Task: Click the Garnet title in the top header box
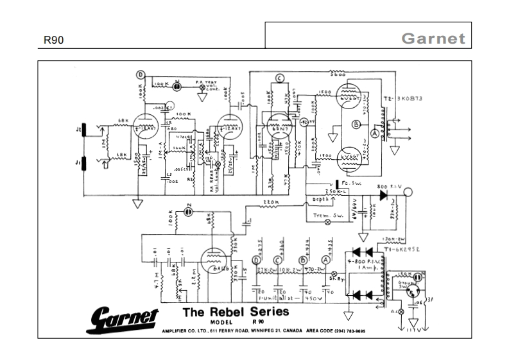(433, 39)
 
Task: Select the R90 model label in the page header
(53, 40)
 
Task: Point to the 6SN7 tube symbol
(278, 123)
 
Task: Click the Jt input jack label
(78, 130)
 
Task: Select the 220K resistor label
(270, 203)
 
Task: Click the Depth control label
(321, 200)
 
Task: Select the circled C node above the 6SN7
(279, 78)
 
